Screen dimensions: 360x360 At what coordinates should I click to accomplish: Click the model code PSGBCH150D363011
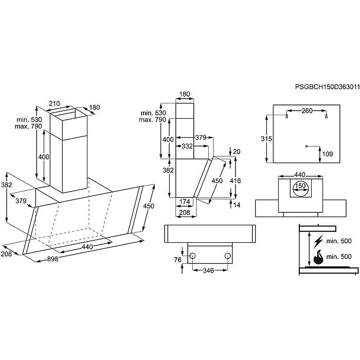tap(327, 88)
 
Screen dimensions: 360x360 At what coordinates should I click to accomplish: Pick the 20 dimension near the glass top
tap(236, 151)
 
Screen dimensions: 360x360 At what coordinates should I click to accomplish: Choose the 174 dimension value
tap(184, 201)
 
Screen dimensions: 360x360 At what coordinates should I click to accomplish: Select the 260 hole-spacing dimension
tap(307, 110)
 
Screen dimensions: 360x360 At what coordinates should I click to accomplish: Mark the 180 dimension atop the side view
tap(185, 94)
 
